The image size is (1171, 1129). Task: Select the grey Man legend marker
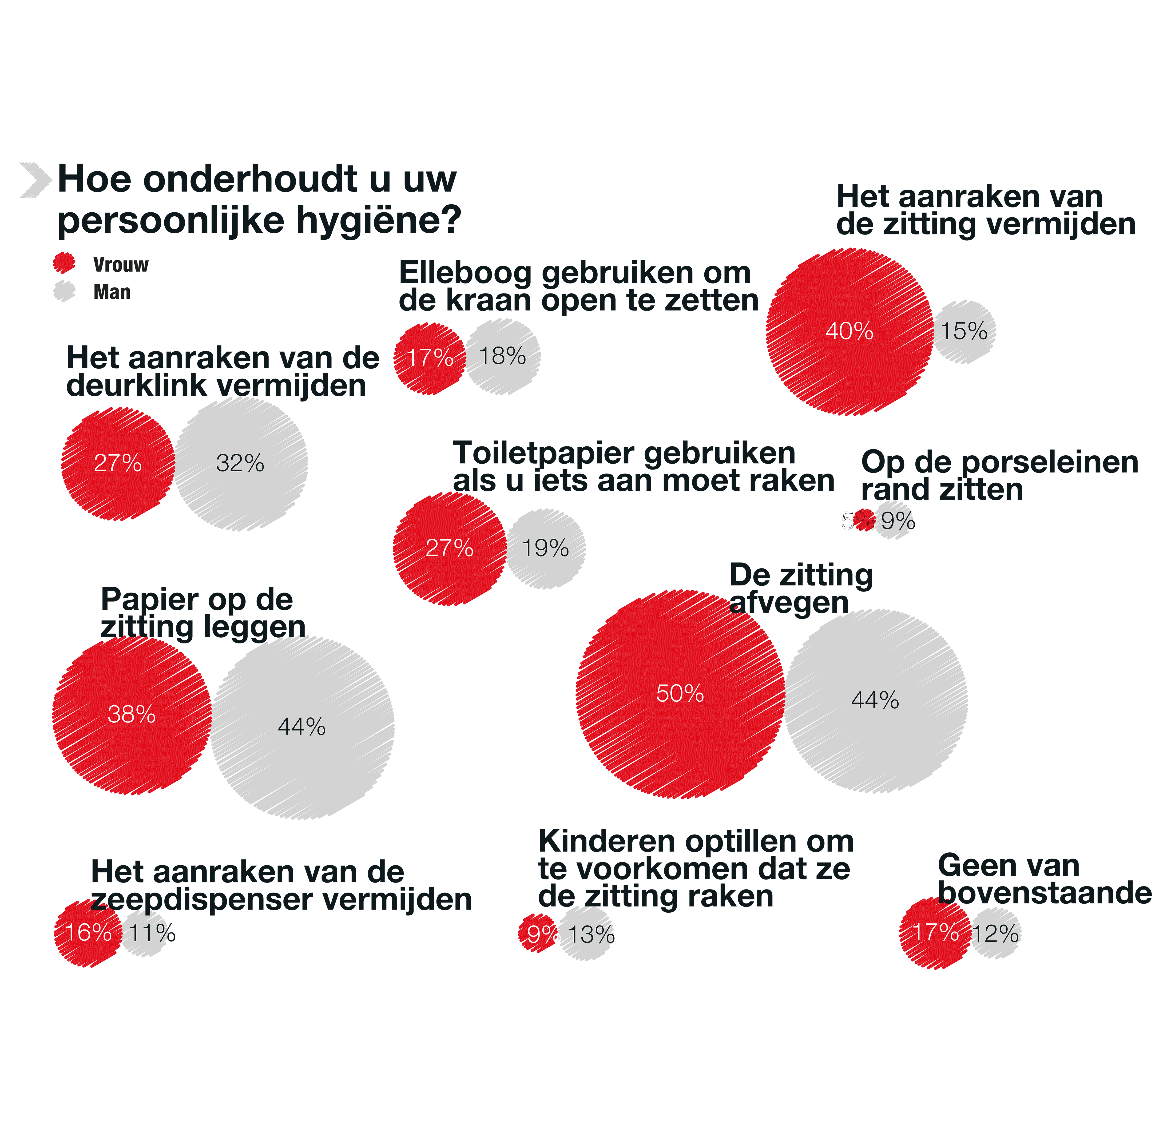[64, 291]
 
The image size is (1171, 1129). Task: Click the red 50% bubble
[680, 694]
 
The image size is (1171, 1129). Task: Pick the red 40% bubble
[849, 332]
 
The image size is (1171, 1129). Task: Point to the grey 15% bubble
[964, 332]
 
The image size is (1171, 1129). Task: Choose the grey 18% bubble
[503, 357]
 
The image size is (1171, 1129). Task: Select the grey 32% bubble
[241, 464]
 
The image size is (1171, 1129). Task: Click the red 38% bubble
[131, 715]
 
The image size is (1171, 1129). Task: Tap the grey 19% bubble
[545, 548]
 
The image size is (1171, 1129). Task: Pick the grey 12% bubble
[995, 933]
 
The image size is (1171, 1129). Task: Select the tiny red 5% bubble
[864, 520]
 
